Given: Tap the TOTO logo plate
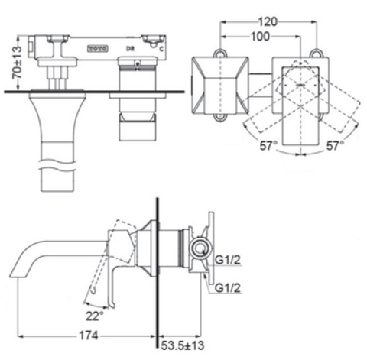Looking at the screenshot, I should (96, 47).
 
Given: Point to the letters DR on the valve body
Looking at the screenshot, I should (132, 47).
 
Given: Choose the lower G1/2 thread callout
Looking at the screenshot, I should (228, 288).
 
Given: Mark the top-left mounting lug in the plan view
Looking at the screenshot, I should (222, 54).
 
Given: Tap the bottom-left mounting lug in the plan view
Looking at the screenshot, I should (222, 117).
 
